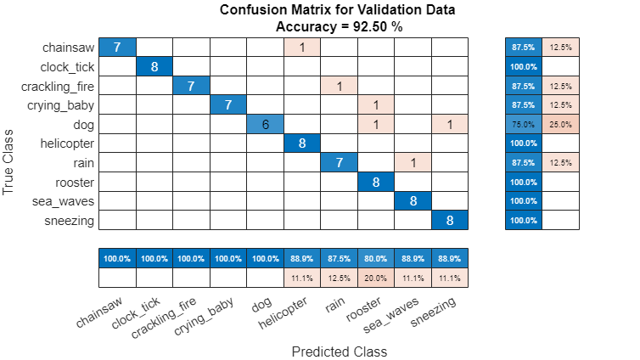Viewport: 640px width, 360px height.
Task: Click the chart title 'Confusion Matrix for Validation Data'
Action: click(338, 10)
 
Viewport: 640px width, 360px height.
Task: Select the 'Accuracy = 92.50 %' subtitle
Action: click(338, 26)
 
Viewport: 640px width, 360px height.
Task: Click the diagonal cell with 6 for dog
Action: click(265, 124)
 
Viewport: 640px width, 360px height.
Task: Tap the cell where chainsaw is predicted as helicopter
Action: click(302, 47)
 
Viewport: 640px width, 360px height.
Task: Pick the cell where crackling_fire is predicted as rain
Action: click(339, 86)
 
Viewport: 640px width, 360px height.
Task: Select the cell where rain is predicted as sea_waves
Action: click(413, 162)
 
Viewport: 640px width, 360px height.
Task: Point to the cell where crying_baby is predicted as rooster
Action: click(375, 104)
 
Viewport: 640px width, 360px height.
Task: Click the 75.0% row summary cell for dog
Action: click(524, 124)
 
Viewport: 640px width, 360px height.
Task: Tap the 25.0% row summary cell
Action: click(560, 124)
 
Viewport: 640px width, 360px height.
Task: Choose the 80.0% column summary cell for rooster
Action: click(375, 258)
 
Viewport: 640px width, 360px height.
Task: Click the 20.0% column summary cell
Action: click(375, 278)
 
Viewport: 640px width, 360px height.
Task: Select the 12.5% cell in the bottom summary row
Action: click(339, 278)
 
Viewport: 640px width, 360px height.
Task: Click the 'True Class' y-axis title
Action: click(9, 162)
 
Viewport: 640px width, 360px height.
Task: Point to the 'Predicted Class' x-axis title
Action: click(339, 351)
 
